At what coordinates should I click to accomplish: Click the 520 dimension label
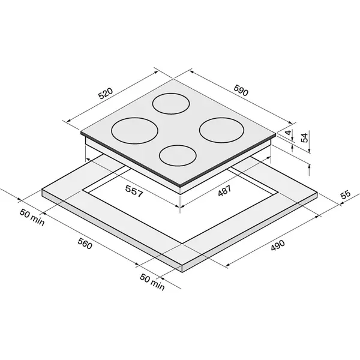click(106, 93)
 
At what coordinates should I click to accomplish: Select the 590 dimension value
click(241, 90)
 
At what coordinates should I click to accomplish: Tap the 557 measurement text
click(134, 191)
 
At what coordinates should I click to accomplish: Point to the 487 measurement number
click(224, 191)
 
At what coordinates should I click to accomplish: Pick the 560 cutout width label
click(85, 244)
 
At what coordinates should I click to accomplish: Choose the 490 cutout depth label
click(278, 245)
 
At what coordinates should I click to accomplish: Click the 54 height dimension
click(305, 138)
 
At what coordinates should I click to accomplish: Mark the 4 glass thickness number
click(288, 133)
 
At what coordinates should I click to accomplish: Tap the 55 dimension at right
click(346, 194)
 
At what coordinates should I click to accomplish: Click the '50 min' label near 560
click(32, 217)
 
